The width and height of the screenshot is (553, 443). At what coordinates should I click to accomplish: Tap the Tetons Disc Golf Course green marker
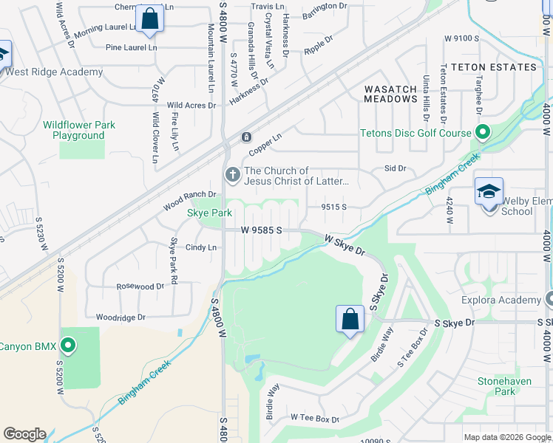[483, 134]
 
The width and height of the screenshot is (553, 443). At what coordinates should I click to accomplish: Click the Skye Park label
[210, 213]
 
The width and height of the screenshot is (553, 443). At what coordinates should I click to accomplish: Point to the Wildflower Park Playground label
[79, 130]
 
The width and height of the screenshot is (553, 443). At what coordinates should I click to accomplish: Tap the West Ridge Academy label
[55, 72]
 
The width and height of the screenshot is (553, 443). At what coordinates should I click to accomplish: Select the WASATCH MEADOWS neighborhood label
[391, 94]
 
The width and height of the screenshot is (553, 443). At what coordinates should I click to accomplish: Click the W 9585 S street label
[262, 230]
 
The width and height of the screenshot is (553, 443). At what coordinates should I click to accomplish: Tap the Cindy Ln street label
[201, 247]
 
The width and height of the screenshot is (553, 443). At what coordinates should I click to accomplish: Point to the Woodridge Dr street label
[121, 317]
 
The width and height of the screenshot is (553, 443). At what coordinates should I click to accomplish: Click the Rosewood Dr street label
[140, 286]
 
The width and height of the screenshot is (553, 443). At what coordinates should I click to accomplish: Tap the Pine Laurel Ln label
[132, 47]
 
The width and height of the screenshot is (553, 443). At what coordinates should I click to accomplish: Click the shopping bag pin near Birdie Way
[350, 319]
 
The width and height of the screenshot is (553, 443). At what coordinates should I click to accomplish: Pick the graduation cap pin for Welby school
[489, 192]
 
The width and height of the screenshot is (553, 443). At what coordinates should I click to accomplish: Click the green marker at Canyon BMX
[69, 346]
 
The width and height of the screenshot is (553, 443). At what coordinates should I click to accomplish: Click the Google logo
[24, 434]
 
